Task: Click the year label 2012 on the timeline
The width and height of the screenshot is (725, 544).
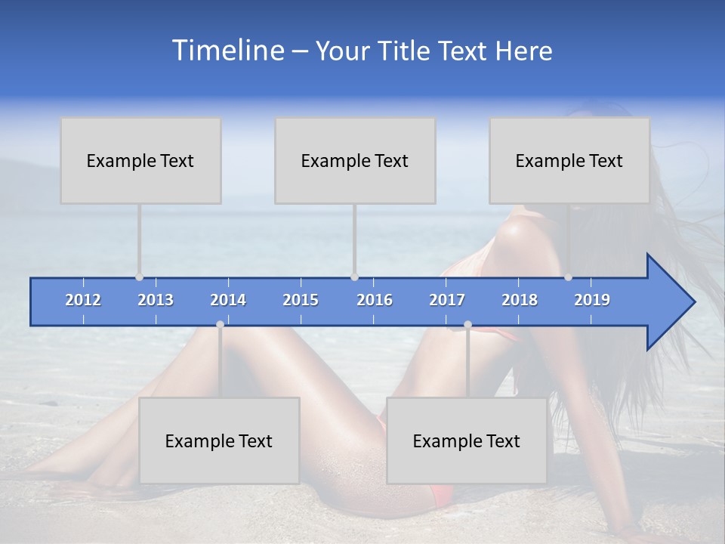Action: (83, 300)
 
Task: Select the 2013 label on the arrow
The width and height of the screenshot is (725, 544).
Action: (156, 300)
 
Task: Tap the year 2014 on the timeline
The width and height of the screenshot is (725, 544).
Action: (228, 300)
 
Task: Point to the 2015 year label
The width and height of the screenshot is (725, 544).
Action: (301, 300)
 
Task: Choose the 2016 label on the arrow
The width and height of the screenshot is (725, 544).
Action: (375, 300)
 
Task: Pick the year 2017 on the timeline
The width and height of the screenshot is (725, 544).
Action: (447, 300)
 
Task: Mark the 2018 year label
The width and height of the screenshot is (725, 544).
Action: (520, 300)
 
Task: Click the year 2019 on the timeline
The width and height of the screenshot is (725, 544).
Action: (592, 300)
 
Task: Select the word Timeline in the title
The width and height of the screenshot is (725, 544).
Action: (227, 51)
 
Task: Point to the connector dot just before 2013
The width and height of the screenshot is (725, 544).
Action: (139, 277)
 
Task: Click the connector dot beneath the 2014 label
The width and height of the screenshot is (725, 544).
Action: (220, 324)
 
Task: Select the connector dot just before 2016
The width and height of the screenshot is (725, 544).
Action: (354, 277)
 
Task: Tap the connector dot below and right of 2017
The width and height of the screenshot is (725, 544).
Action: (467, 324)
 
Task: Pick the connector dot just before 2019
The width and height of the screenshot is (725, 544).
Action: (568, 277)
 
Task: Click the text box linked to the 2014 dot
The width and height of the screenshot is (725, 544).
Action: (219, 440)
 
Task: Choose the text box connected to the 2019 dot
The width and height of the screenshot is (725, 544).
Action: (569, 160)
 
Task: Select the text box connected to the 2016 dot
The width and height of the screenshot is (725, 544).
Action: (355, 160)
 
